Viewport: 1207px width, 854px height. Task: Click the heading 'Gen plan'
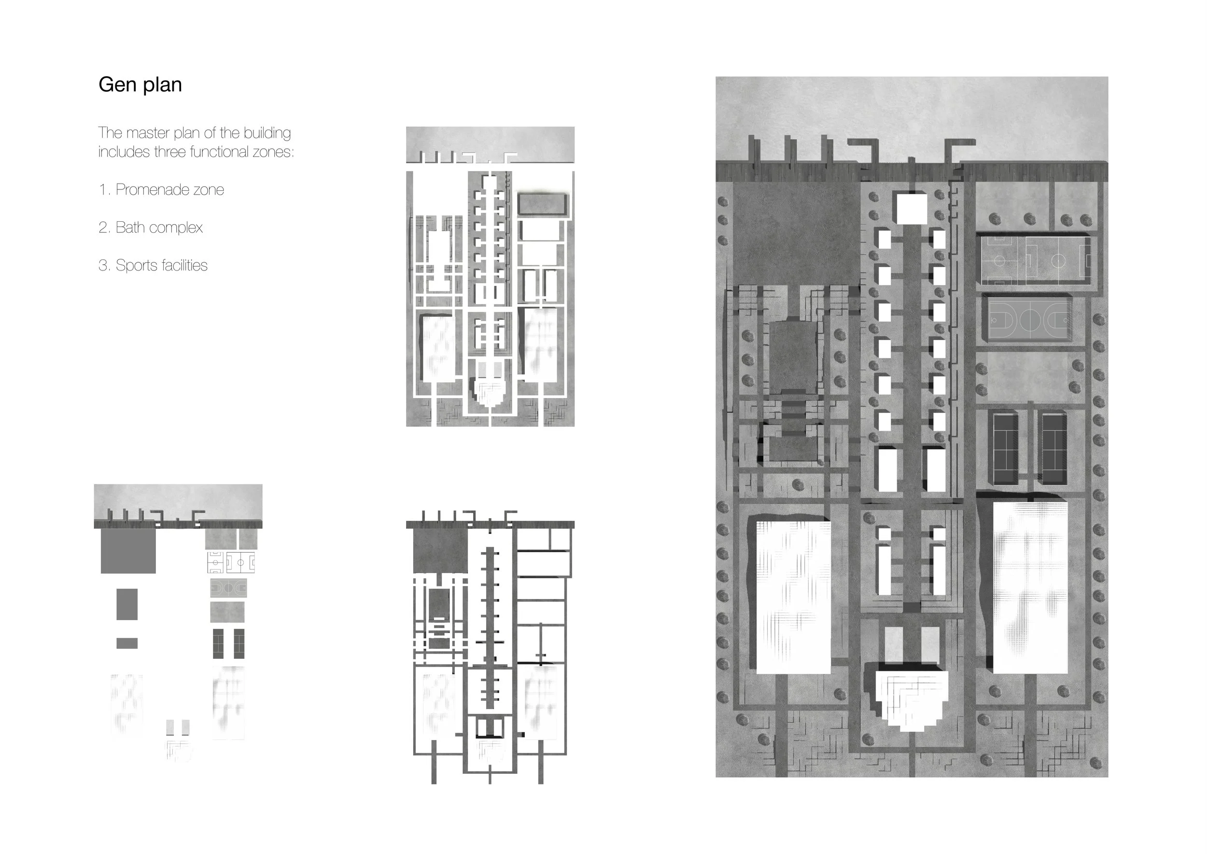coord(140,85)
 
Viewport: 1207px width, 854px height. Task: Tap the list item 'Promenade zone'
coord(170,189)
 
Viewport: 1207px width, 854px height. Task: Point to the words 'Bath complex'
coord(159,228)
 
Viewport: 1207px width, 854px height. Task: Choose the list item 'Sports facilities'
coord(161,266)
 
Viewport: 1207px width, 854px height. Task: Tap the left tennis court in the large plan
coord(1005,448)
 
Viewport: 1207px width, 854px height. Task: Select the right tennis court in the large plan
coord(1053,448)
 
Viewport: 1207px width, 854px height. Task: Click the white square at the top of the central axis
coord(912,208)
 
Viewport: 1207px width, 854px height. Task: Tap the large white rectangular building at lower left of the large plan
coord(793,598)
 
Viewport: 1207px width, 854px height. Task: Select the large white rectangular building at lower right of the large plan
coord(1030,587)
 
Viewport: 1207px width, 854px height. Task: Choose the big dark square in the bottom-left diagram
coord(128,551)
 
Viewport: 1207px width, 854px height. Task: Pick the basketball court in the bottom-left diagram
coord(228,587)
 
